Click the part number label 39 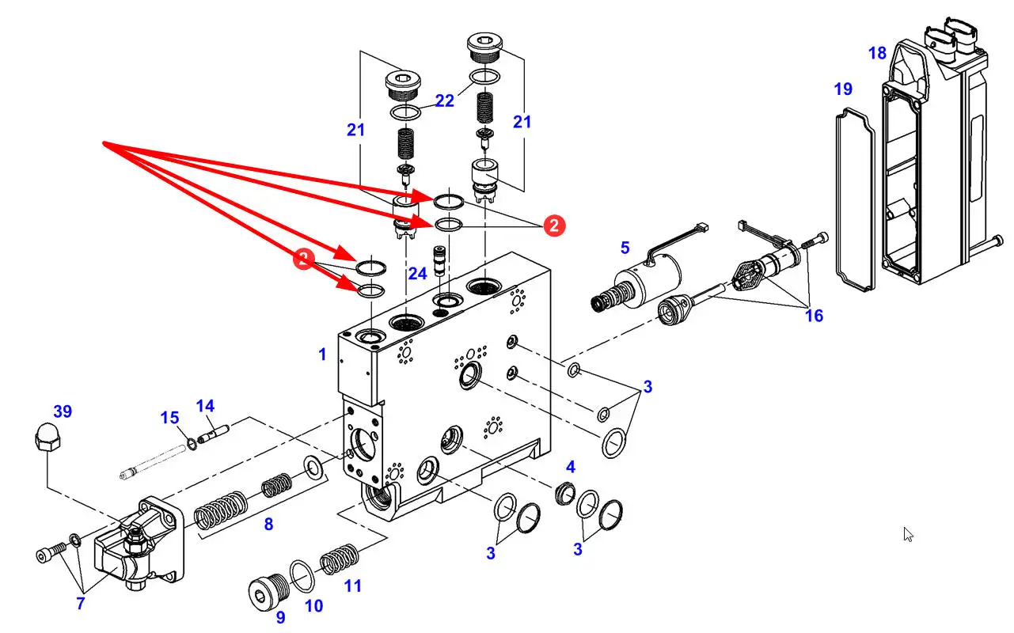pos(63,411)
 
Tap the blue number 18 pos(877,53)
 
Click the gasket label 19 pos(843,89)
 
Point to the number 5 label pos(625,248)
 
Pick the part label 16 pos(814,316)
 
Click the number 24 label pos(418,274)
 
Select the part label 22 pos(445,100)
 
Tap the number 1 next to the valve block pos(322,354)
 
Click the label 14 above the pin pos(205,407)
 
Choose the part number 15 pos(170,417)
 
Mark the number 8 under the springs pos(269,524)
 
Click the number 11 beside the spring pos(352,586)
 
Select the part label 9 pos(280,618)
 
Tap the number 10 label pos(314,606)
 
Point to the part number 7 pos(80,605)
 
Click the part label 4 pos(570,465)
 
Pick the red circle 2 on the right pos(554,226)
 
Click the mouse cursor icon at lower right pos(909,535)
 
